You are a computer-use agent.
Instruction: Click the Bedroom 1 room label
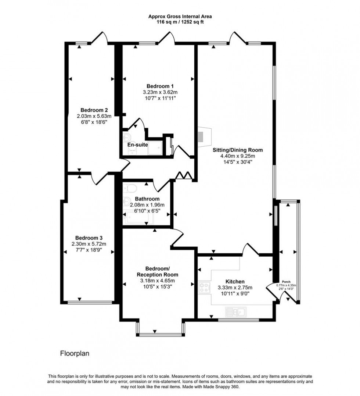coord(157,86)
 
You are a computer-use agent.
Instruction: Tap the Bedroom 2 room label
coord(94,110)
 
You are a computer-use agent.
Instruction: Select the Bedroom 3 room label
coord(89,237)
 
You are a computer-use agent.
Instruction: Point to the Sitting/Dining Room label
coord(238,150)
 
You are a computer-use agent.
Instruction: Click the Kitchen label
coord(235,281)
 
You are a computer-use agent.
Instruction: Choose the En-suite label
coord(137,145)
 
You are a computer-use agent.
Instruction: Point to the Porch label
coord(286,282)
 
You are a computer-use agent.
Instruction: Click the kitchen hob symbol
coord(204,287)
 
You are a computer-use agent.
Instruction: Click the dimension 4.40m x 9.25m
coord(238,156)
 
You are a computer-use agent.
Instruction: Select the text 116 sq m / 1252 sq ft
coord(180,22)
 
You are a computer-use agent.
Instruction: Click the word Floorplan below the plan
coord(75,353)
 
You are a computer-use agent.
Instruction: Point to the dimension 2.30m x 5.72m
coord(89,243)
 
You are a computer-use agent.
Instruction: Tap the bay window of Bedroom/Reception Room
coord(160,334)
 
